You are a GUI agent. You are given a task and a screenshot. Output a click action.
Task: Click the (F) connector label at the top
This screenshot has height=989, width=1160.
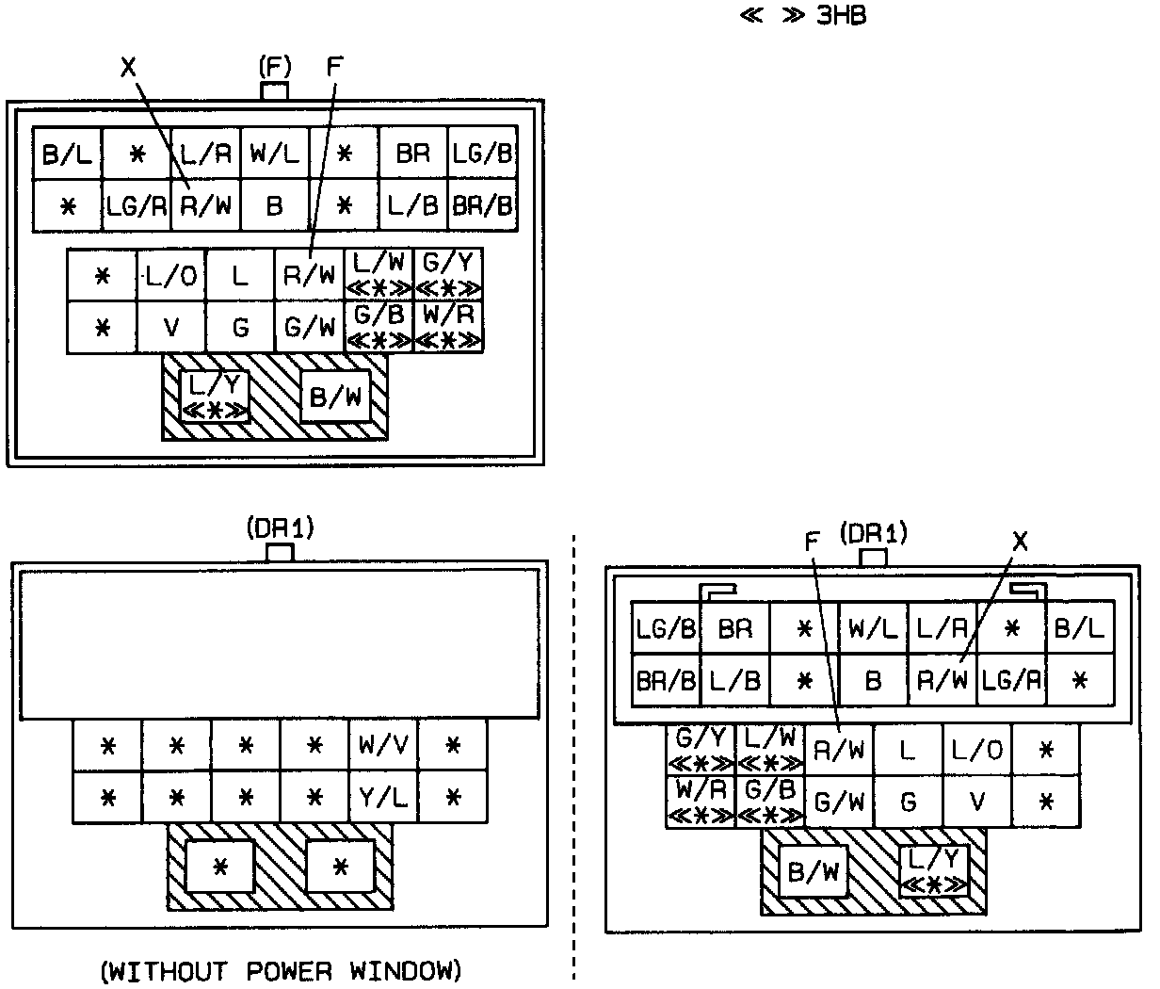(x=275, y=67)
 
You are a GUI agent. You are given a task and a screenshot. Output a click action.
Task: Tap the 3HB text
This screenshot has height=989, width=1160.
(x=840, y=16)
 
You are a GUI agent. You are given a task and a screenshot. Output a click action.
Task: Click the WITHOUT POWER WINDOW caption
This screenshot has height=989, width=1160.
(x=281, y=970)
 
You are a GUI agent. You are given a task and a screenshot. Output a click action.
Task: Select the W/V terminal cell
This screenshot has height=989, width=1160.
(x=383, y=746)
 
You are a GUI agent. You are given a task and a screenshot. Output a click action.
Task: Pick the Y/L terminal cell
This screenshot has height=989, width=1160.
(x=383, y=799)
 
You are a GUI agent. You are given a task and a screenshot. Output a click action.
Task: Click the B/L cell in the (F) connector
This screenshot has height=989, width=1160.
(x=68, y=154)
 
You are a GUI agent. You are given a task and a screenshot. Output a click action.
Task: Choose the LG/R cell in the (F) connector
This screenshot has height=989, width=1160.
(x=136, y=205)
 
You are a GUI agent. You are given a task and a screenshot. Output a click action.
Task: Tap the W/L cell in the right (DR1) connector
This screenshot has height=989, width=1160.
(x=873, y=628)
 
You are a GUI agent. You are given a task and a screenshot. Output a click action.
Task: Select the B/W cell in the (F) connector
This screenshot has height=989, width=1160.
(x=335, y=397)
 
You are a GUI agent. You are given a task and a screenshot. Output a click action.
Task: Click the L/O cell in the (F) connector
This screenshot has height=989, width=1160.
(x=171, y=276)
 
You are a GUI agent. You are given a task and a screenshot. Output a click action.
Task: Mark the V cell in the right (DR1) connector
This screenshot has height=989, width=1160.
(x=977, y=803)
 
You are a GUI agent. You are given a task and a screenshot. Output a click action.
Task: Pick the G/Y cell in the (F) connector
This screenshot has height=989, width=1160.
(x=448, y=273)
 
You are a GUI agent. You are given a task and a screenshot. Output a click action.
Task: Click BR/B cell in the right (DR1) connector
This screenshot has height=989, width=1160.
(x=666, y=680)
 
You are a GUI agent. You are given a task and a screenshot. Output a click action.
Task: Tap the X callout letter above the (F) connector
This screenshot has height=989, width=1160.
(x=129, y=67)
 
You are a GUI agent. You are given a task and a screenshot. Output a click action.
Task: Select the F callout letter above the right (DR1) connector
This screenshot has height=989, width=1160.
(x=814, y=541)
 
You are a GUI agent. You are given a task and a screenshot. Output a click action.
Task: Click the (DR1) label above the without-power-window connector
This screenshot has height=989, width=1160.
(x=280, y=529)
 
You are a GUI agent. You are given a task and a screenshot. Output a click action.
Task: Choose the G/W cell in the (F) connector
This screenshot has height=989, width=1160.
(x=310, y=328)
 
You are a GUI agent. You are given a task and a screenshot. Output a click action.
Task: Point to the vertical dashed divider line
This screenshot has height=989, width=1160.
(x=574, y=754)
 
